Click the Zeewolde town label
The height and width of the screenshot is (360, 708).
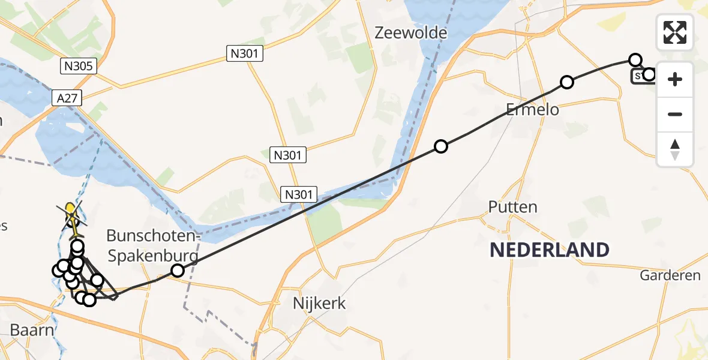pos(411,32)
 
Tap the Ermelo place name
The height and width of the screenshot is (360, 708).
pos(532,109)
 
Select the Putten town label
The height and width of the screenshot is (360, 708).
pos(512,207)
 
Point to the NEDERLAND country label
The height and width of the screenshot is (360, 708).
pos(549,250)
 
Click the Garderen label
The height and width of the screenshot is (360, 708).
pos(670,275)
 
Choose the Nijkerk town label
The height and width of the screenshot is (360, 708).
pos(319,303)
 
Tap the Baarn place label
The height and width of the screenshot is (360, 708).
pos(32,329)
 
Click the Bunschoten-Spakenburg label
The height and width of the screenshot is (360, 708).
pos(152,246)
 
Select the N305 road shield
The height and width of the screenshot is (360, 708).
pos(79,65)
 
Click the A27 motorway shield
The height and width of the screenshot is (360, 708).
pos(67,98)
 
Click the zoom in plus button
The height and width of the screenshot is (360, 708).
pos(675,79)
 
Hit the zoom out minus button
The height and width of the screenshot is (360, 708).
pos(675,114)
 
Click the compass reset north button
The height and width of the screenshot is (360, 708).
pos(675,149)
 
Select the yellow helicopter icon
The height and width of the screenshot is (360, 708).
pos(71,213)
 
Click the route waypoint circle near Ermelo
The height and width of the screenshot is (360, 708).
pos(566,82)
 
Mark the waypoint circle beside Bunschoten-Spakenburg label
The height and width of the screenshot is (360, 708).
pos(177,271)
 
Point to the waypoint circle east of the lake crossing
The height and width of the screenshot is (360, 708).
pos(441,146)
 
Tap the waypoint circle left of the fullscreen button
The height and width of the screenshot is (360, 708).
pos(635,59)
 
